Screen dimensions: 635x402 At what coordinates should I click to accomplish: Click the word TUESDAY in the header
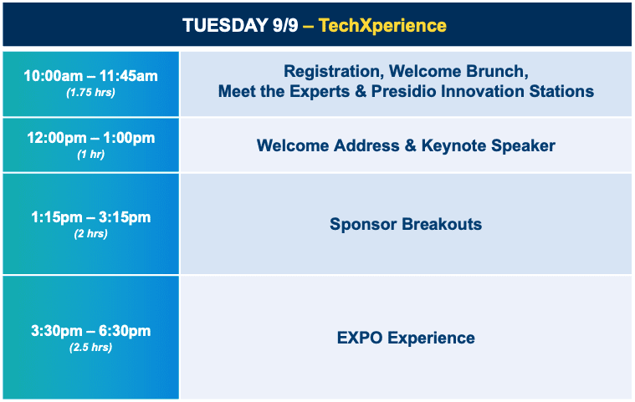point(225,25)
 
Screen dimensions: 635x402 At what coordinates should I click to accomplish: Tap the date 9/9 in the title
point(285,25)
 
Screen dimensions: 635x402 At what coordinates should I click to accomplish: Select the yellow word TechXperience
point(382,25)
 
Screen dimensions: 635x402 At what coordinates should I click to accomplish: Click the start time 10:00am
point(53,76)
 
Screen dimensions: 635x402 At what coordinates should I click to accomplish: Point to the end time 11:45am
point(129,76)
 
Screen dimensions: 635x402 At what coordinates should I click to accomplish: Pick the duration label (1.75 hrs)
point(90,93)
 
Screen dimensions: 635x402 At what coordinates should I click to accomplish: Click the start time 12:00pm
point(57,138)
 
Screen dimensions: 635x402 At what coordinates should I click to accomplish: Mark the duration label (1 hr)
point(90,155)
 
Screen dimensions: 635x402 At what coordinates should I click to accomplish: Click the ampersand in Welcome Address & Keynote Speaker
point(410,145)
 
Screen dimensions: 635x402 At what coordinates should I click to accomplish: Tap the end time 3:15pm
point(125,217)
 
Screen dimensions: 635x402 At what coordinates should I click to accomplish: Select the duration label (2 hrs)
point(90,234)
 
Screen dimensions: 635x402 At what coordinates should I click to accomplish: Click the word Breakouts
point(442,224)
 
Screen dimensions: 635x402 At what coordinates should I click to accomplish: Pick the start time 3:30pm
point(57,331)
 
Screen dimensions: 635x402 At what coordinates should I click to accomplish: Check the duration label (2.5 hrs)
point(90,348)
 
